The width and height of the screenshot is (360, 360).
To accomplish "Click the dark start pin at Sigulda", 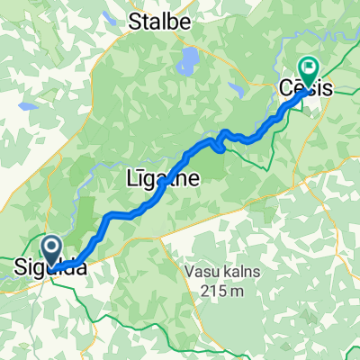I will pyautogui.click(x=50, y=248).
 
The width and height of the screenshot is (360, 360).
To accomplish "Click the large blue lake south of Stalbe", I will pyautogui.click(x=189, y=61).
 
